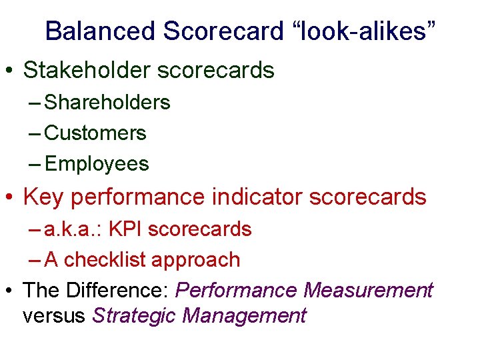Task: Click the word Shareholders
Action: [107, 103]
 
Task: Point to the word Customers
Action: [95, 133]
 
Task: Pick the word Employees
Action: [97, 164]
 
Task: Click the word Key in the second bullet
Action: [43, 197]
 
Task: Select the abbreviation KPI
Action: [125, 229]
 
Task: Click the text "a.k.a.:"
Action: [73, 229]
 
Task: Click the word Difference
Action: [115, 291]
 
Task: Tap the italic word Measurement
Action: [367, 291]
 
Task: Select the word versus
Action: [53, 315]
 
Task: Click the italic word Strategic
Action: [134, 315]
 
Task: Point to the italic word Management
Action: [244, 315]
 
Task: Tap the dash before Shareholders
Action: [35, 103]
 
